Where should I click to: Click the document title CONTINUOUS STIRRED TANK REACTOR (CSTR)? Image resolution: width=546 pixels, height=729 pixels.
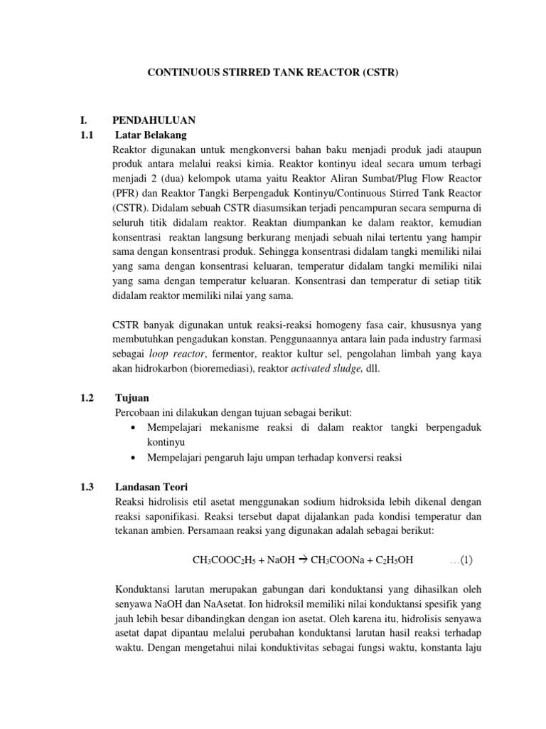point(272,72)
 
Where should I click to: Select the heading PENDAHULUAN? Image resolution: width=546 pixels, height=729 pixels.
point(154,119)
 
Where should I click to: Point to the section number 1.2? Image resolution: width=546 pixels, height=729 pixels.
point(88,397)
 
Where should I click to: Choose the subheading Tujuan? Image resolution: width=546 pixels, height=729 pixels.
point(132,397)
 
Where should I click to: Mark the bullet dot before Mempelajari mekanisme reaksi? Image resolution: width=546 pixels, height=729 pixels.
point(135,428)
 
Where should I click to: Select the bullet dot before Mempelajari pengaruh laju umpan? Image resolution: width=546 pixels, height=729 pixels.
point(135,458)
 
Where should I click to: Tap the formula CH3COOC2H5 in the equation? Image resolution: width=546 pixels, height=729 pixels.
point(225,560)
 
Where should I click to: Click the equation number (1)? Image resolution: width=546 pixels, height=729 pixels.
point(466,560)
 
